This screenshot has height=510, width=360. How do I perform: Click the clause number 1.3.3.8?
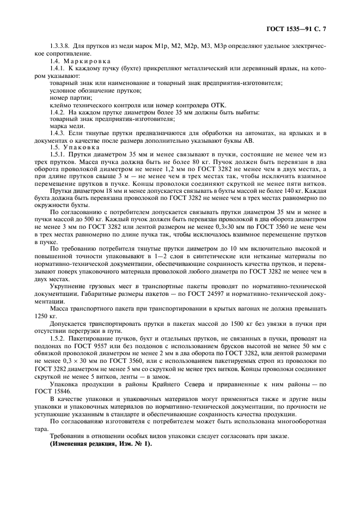pos(61,47)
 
